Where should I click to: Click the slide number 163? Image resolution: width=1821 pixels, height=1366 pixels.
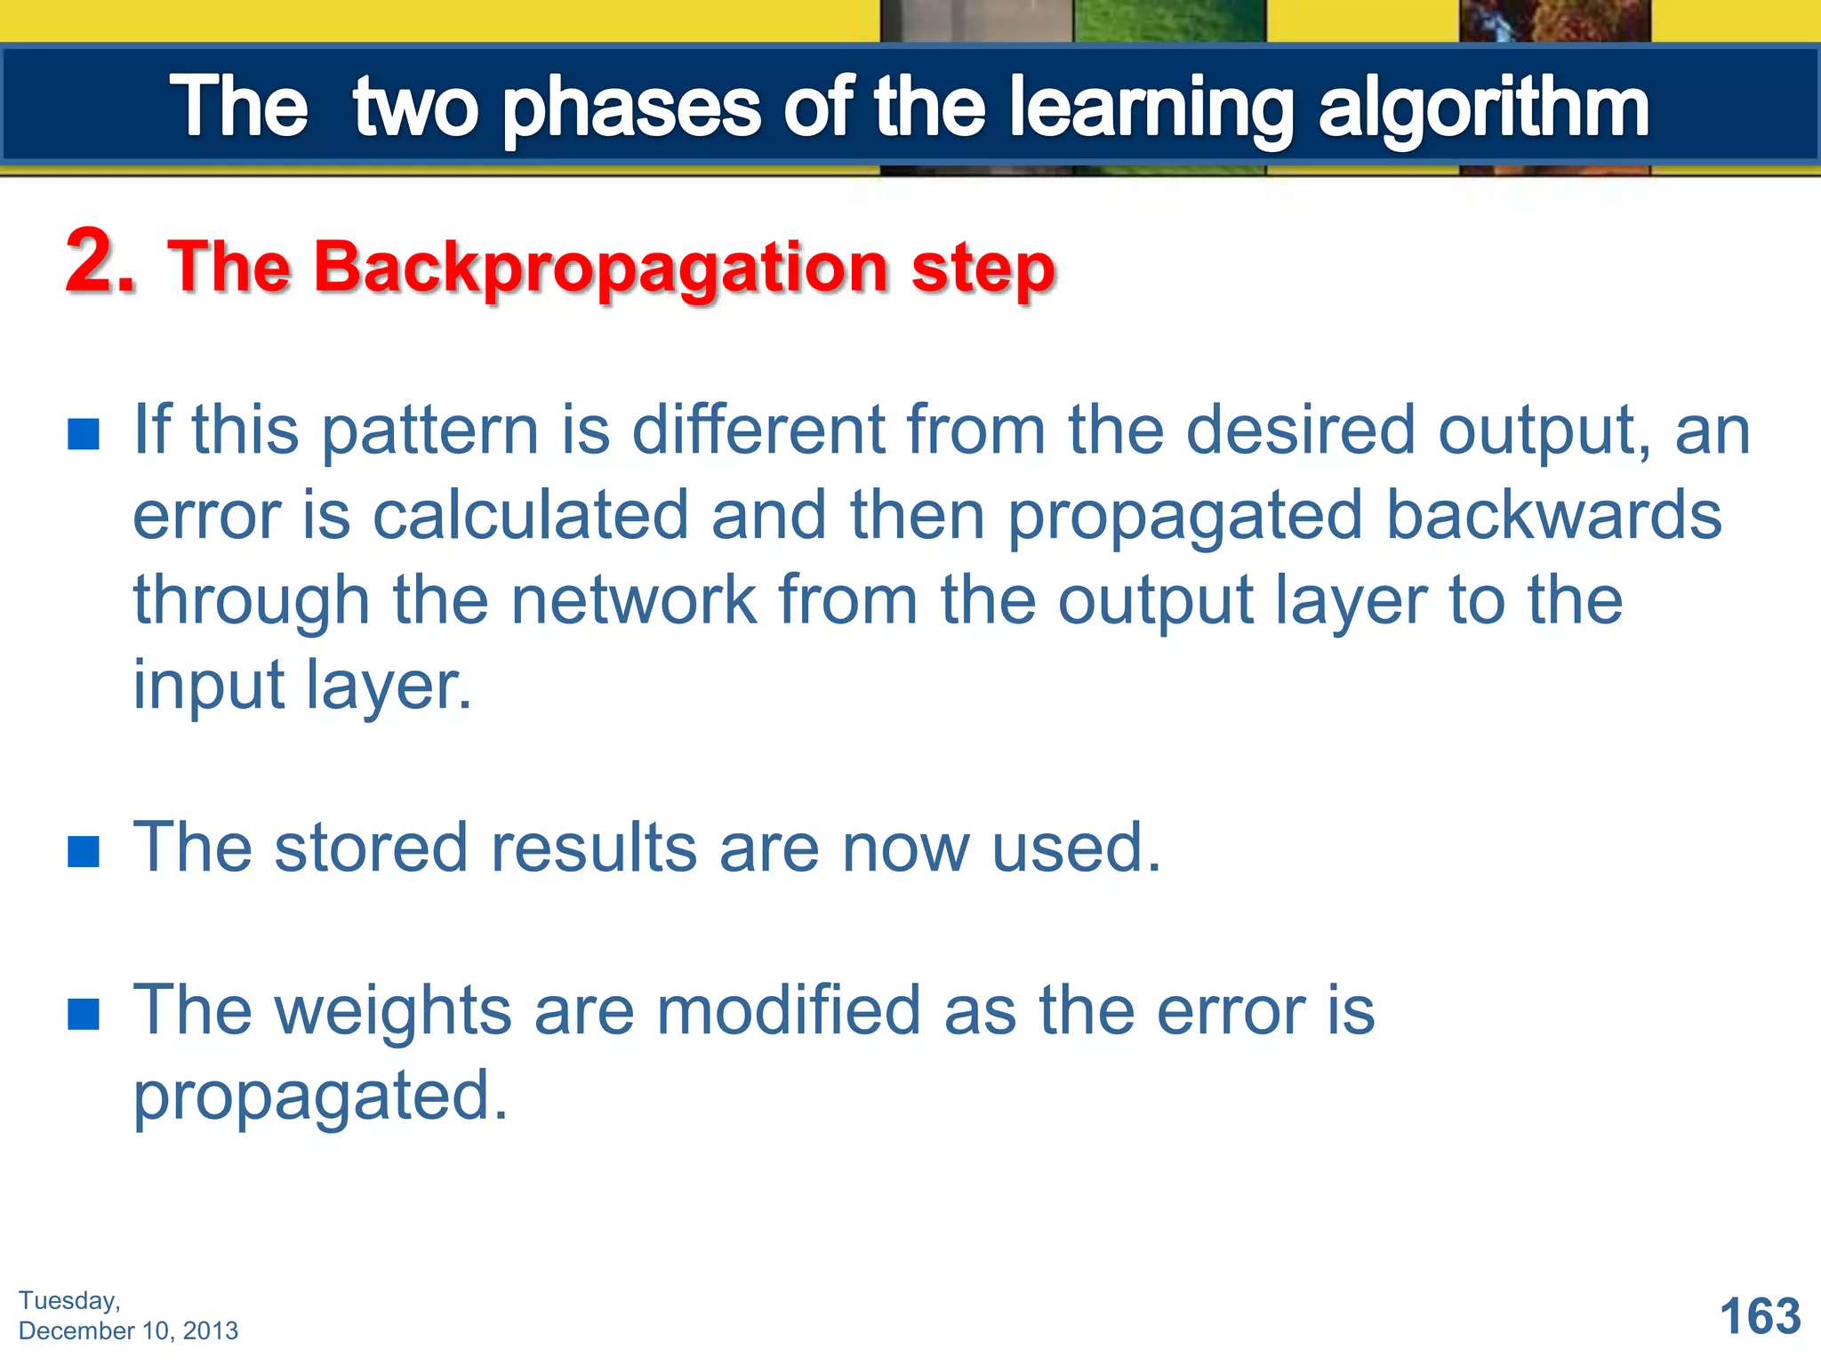(x=1760, y=1316)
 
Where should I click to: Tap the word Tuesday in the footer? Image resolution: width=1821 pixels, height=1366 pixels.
(x=68, y=1301)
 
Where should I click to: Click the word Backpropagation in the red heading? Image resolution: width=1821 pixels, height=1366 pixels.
(x=601, y=269)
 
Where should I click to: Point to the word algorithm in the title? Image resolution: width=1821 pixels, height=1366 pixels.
(x=1483, y=108)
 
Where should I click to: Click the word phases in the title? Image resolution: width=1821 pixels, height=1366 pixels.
(x=631, y=108)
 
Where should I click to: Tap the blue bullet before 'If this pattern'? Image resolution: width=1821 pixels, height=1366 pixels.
(x=84, y=435)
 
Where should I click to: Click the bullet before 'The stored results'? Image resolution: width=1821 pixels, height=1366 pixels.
(x=84, y=851)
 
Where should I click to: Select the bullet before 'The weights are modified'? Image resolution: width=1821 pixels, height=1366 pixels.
(x=84, y=1014)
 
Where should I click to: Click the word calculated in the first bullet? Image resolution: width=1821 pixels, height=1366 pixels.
(x=530, y=516)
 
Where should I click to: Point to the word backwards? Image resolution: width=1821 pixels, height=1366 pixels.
(x=1553, y=516)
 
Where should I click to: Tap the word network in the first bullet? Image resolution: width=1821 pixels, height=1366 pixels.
(x=634, y=600)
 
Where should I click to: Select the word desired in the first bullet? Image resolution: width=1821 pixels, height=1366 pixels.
(x=1300, y=430)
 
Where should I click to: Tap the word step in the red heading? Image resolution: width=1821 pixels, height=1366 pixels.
(x=983, y=269)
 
